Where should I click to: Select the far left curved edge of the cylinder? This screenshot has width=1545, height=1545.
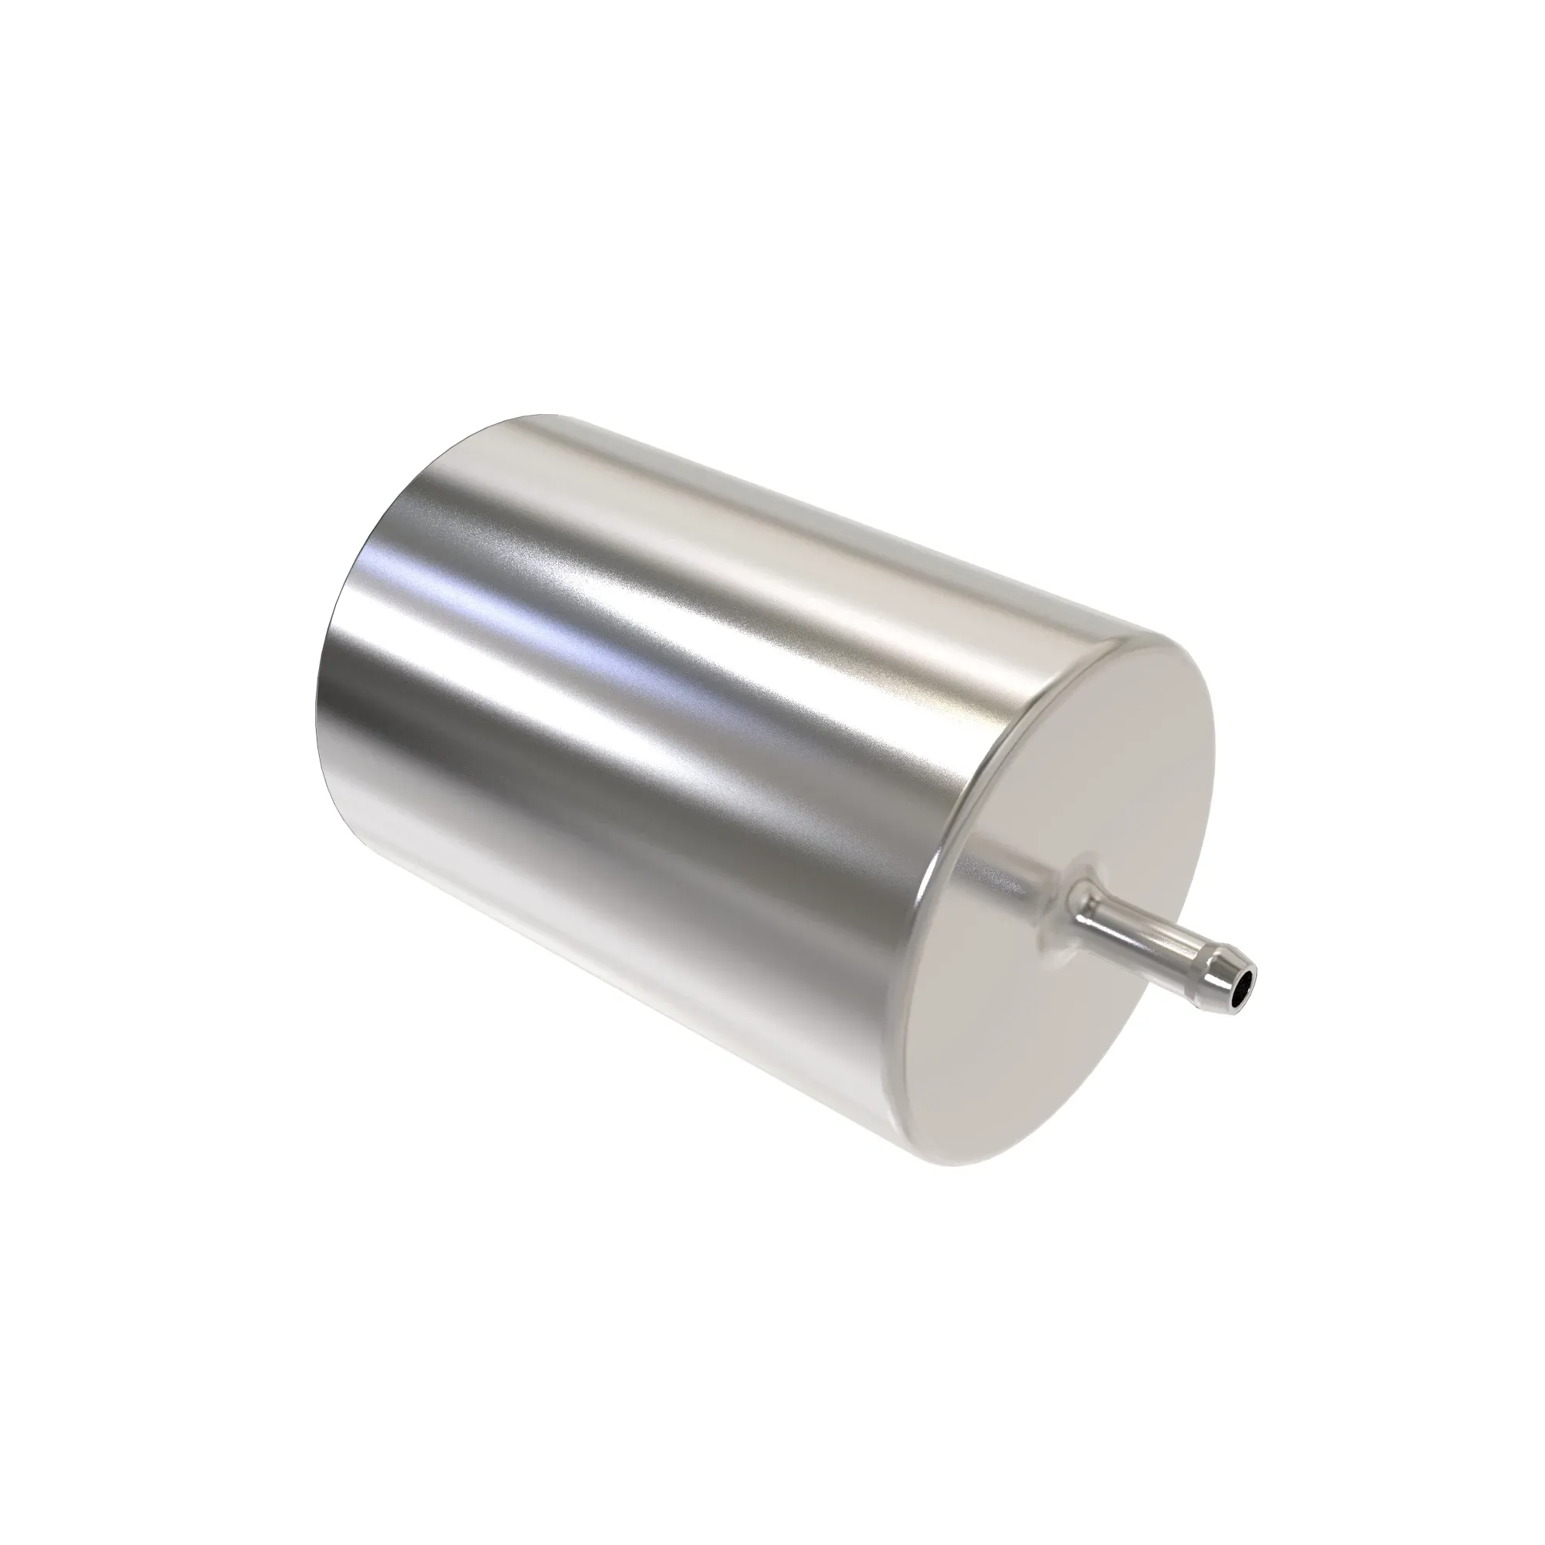(320, 704)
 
